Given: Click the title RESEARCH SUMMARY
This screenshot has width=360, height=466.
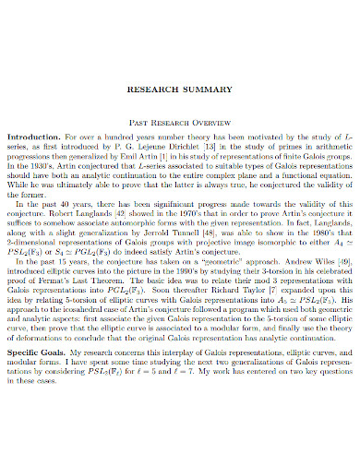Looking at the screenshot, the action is click(180, 90).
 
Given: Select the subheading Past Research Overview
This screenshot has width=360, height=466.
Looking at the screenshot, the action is click(180, 120).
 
